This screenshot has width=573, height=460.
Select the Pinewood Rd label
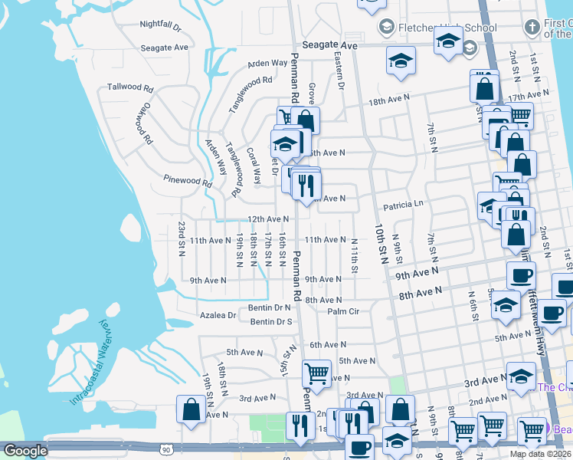click(188, 182)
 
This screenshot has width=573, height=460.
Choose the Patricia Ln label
click(403, 205)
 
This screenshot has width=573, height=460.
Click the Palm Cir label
click(343, 312)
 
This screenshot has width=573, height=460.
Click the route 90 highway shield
click(167, 450)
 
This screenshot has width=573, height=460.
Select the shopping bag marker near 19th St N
click(191, 409)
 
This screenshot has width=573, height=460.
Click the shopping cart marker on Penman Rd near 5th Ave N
click(316, 374)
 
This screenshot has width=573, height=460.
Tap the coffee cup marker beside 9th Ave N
click(521, 276)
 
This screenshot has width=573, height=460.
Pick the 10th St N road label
click(380, 244)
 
